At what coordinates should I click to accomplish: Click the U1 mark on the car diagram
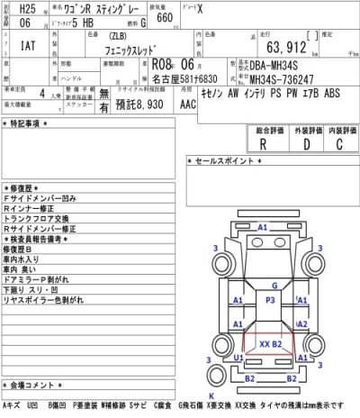point(238,357)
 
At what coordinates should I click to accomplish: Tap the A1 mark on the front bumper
point(263,228)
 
